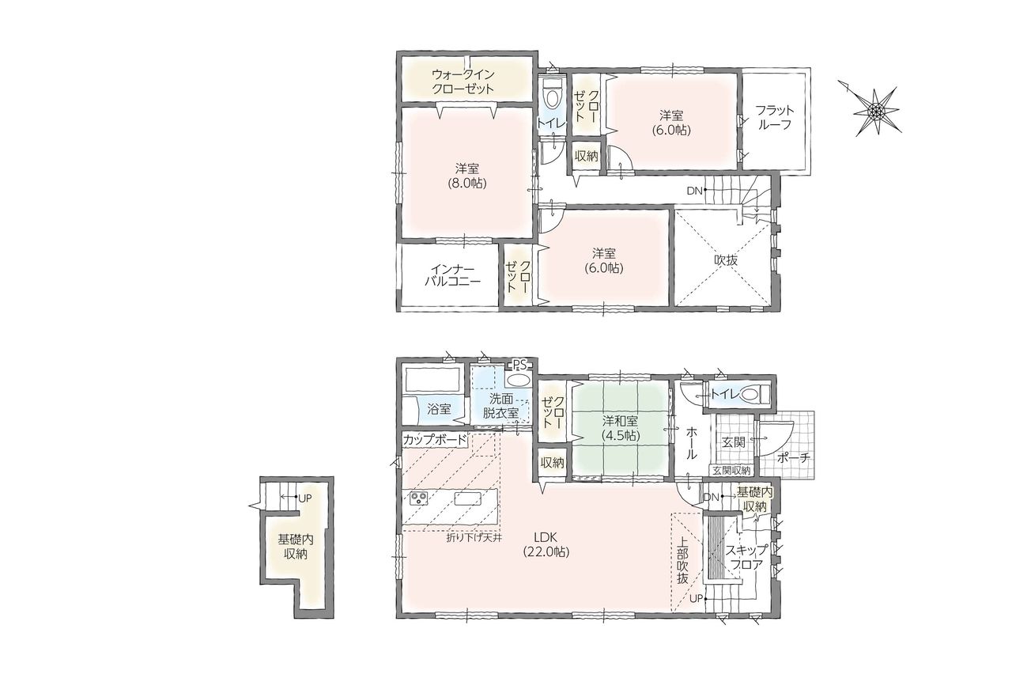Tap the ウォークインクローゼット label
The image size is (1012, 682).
(x=463, y=81)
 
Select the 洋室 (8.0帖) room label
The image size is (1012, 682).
(x=467, y=176)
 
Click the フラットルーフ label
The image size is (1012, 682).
(x=774, y=117)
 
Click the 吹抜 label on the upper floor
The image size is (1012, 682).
(x=726, y=260)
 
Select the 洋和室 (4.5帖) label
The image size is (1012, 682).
(x=620, y=428)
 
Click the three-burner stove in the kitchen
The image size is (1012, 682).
(x=419, y=498)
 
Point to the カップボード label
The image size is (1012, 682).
(x=434, y=440)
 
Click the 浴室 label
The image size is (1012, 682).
(x=439, y=409)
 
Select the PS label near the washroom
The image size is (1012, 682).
(x=518, y=364)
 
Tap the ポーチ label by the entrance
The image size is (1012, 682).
(x=793, y=458)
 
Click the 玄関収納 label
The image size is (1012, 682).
(x=731, y=470)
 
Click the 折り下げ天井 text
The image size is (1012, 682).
(x=474, y=538)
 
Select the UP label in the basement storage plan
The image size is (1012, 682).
(x=305, y=498)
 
